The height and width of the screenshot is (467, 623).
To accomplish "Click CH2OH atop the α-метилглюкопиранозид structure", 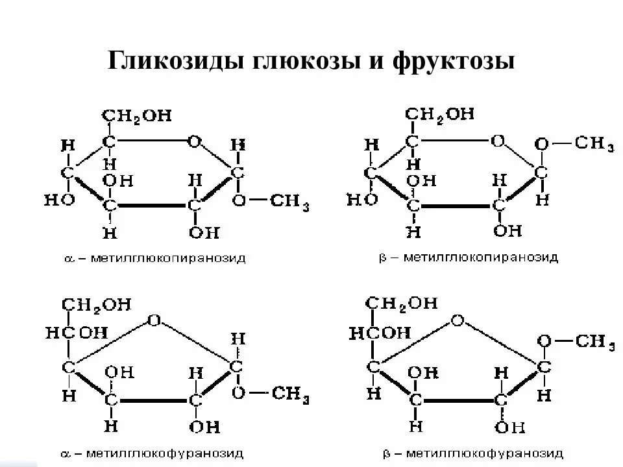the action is coord(136,115).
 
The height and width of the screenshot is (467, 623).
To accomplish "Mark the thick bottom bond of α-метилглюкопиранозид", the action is coord(153,206).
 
